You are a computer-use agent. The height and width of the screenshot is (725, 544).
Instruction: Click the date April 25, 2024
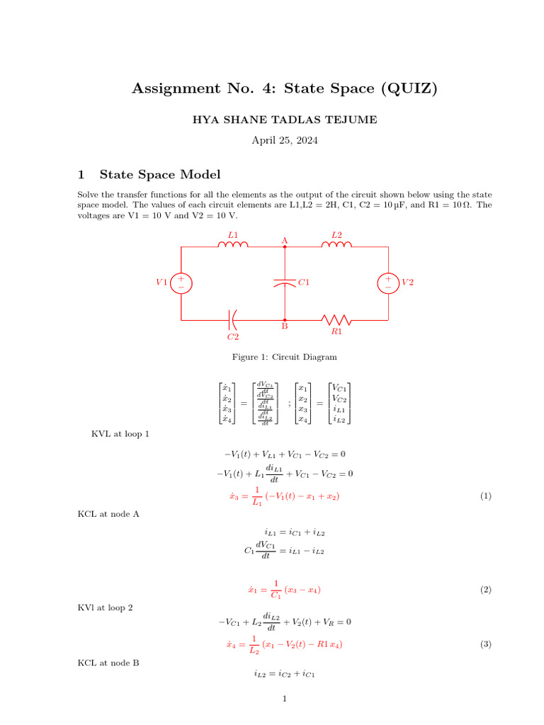pyautogui.click(x=285, y=140)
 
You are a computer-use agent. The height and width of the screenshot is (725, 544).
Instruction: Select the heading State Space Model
pyautogui.click(x=160, y=174)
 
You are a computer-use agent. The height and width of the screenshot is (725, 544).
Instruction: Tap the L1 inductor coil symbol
pyautogui.click(x=233, y=246)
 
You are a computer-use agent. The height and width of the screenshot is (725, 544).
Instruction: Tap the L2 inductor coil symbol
pyautogui.click(x=336, y=246)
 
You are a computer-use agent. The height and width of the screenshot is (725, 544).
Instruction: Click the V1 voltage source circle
pyautogui.click(x=181, y=282)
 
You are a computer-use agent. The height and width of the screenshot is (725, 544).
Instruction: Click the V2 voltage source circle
pyautogui.click(x=388, y=282)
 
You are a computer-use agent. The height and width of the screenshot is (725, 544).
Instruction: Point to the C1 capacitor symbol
pyautogui.click(x=285, y=282)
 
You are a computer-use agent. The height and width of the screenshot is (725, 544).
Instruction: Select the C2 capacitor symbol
pyautogui.click(x=233, y=320)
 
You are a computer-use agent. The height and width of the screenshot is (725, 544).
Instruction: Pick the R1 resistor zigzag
pyautogui.click(x=336, y=319)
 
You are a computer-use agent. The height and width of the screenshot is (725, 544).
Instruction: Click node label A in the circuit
pyautogui.click(x=285, y=241)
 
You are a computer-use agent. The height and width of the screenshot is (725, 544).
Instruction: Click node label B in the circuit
pyautogui.click(x=285, y=327)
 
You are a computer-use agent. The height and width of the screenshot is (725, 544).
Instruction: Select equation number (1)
pyautogui.click(x=485, y=497)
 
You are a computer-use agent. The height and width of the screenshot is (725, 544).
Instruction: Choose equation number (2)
pyautogui.click(x=485, y=589)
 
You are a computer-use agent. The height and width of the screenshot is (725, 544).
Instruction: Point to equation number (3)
pyautogui.click(x=485, y=644)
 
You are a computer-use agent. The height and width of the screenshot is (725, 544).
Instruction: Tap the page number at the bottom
pyautogui.click(x=284, y=700)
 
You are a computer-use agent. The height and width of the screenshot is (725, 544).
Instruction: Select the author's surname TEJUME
pyautogui.click(x=351, y=120)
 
